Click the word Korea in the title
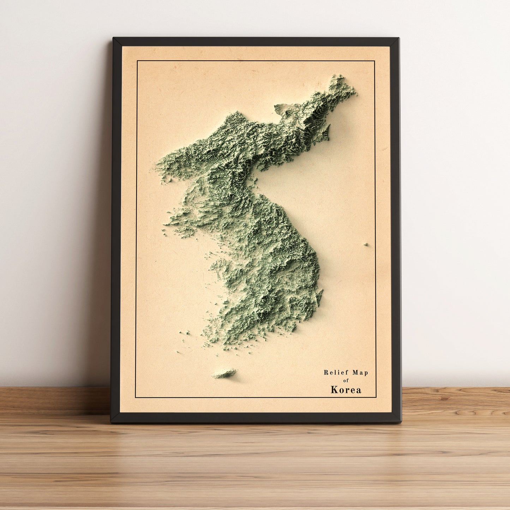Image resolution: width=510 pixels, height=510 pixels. click(x=346, y=390)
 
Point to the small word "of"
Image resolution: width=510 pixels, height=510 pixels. click(x=346, y=380)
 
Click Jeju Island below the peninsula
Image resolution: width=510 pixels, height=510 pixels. click(x=224, y=373)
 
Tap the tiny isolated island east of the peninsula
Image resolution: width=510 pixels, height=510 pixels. click(x=366, y=244)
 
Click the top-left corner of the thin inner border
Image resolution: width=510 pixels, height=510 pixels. click(x=137, y=61)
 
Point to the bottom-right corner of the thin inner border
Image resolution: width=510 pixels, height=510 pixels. click(x=376, y=397)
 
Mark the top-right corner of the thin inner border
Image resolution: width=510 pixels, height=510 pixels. click(x=374, y=61)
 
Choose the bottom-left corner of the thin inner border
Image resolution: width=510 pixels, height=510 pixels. click(x=136, y=397)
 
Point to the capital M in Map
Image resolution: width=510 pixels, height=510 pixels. click(x=355, y=373)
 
